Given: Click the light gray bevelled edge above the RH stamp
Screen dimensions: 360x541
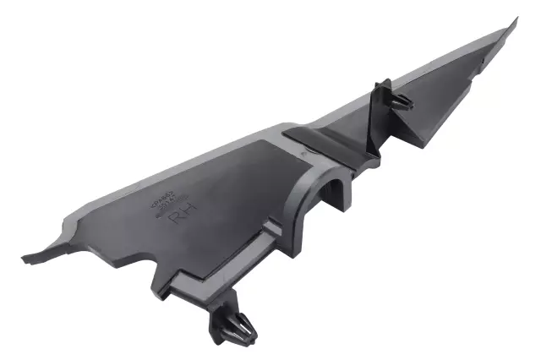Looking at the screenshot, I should (x=169, y=165).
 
